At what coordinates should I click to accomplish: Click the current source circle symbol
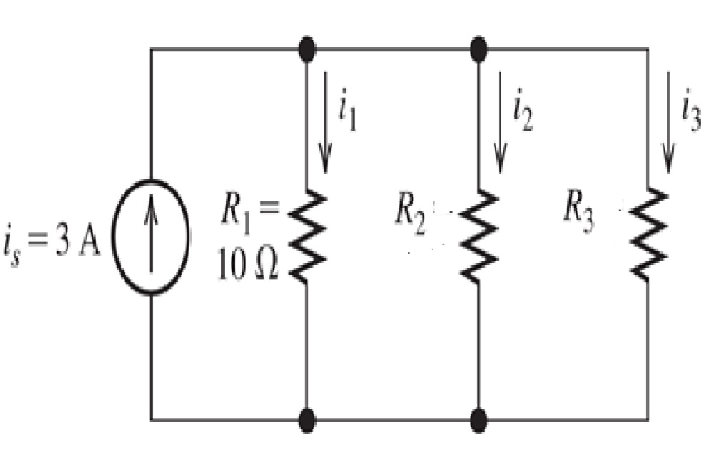tap(151, 237)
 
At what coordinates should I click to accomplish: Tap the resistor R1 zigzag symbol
tap(307, 236)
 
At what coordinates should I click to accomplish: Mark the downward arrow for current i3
tap(669, 121)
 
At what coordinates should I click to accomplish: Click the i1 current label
tap(348, 114)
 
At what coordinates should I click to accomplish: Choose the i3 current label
tap(691, 113)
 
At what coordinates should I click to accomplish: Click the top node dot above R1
tap(307, 49)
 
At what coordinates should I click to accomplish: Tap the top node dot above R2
tap(479, 49)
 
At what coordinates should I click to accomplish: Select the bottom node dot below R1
tap(307, 420)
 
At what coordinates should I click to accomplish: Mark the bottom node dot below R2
tap(479, 420)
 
